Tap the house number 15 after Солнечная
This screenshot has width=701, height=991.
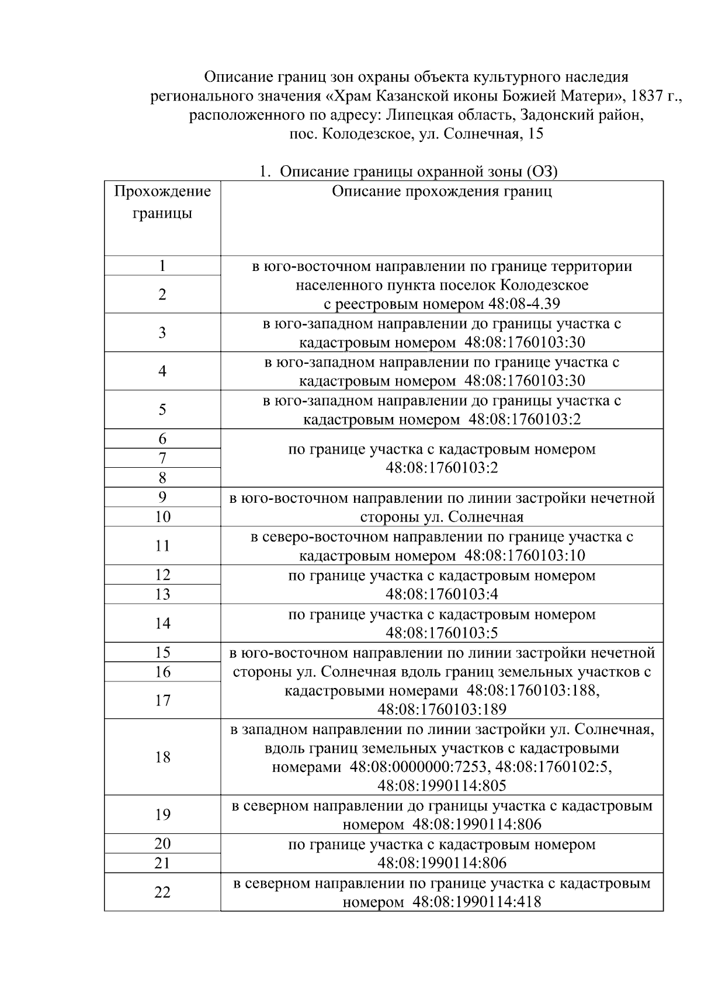pos(535,134)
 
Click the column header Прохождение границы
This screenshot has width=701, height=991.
pos(162,202)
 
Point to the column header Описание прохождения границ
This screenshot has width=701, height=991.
pos(442,192)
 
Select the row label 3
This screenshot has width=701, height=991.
pos(162,332)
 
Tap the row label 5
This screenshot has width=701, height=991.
pos(162,409)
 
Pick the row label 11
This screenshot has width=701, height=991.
pos(162,545)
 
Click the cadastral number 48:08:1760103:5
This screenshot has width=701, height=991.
pos(442,633)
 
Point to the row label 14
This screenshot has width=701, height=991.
pos(162,623)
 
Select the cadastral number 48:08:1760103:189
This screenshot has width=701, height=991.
pos(442,710)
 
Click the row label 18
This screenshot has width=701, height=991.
pos(162,757)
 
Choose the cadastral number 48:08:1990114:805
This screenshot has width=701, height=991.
pos(442,785)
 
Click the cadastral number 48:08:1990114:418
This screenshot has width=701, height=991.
pos(477,902)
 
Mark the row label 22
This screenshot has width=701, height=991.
pos(162,892)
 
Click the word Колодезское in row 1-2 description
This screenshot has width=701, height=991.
pos(544,285)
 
